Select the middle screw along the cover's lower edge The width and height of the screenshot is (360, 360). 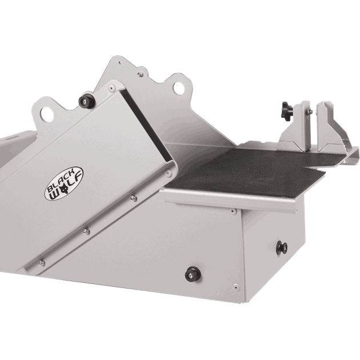pyautogui.click(x=87, y=230)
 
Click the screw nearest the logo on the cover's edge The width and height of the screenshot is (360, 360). pyautogui.click(x=133, y=198)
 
